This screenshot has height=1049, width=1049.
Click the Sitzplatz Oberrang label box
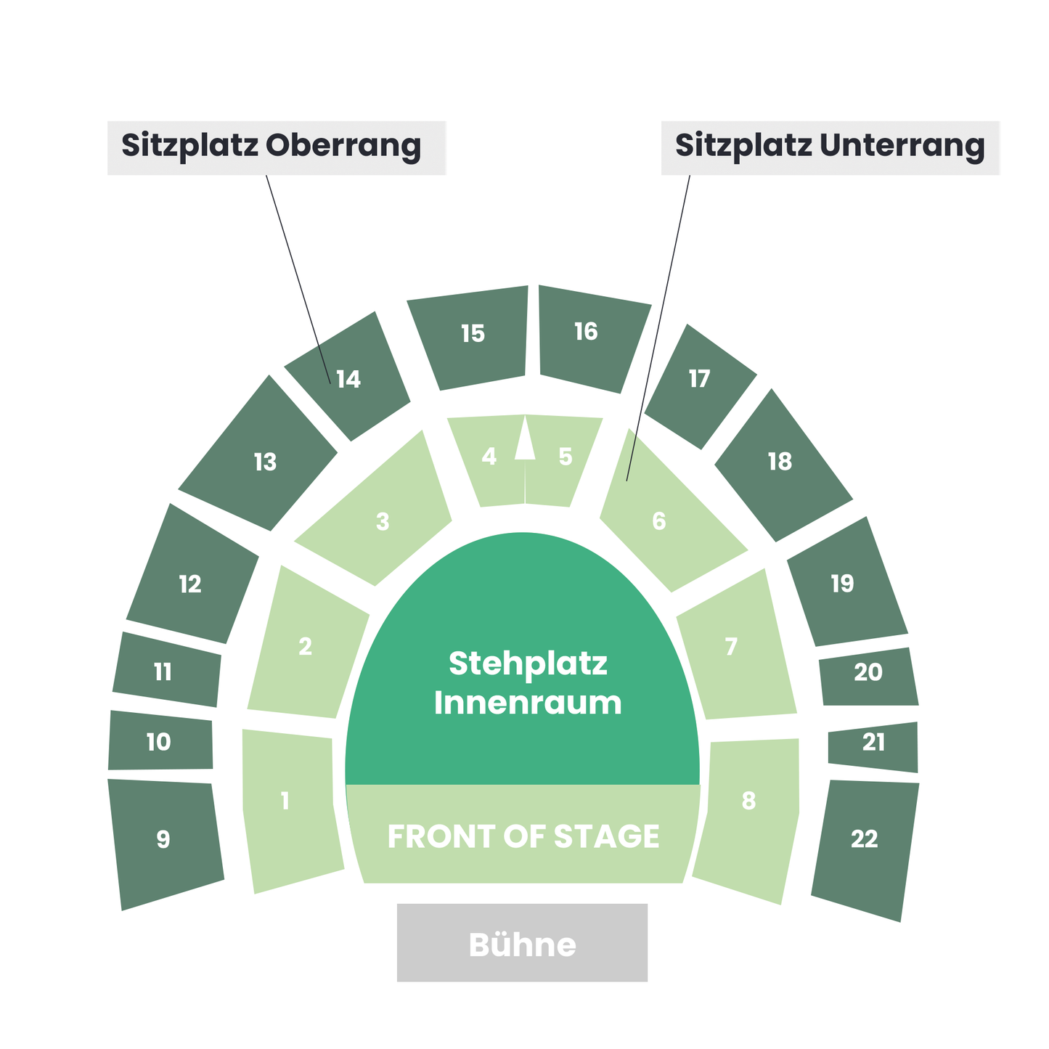[276, 147]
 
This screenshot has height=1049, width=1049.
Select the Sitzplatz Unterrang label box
[830, 147]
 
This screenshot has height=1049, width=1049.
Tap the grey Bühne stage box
[522, 942]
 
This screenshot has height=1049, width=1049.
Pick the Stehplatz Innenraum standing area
[523, 682]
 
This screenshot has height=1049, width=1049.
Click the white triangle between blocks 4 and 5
[525, 443]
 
